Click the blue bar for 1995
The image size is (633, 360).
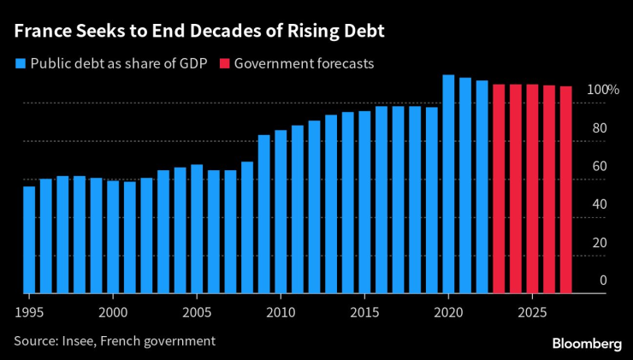pyautogui.click(x=29, y=239)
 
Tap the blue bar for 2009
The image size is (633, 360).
pyautogui.click(x=263, y=214)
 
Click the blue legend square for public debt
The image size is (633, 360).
pyautogui.click(x=20, y=63)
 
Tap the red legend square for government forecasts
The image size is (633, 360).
pyautogui.click(x=224, y=63)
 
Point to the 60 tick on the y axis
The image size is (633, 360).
pyautogui.click(x=600, y=167)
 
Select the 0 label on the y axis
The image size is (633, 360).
pyautogui.click(x=603, y=280)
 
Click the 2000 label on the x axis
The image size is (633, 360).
pyautogui.click(x=113, y=313)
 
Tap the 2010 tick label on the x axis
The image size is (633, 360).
pyautogui.click(x=281, y=313)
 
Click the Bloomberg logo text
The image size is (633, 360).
pyautogui.click(x=586, y=342)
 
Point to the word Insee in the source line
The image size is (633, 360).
pyautogui.click(x=80, y=341)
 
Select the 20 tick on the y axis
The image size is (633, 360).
pyautogui.click(x=600, y=243)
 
